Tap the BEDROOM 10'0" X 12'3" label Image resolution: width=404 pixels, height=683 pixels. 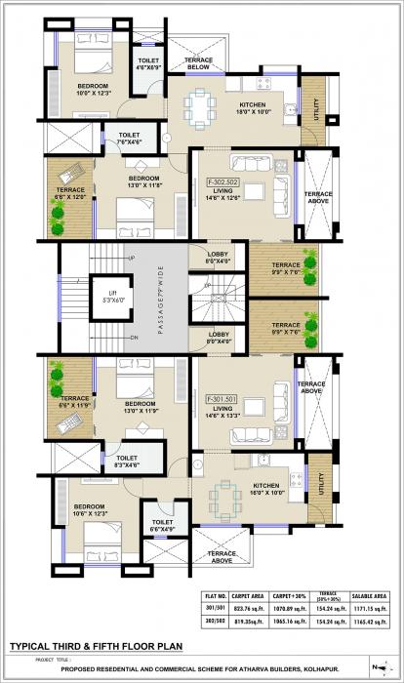pos(94,90)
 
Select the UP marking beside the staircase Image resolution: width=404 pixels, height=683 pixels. pos(132,258)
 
